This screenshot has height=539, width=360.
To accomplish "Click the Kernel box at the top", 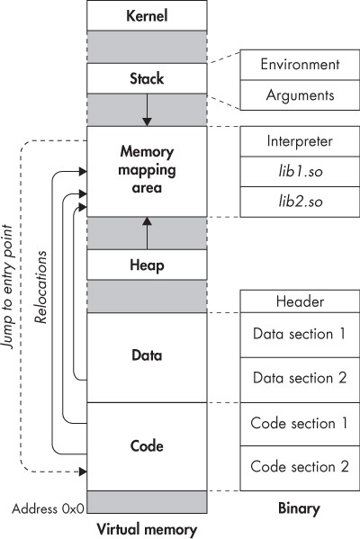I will coord(146,16).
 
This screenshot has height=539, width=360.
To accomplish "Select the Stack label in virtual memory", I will coord(146,78).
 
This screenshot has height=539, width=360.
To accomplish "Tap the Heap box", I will coord(146,265).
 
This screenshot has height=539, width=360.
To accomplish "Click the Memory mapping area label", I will coord(146,170).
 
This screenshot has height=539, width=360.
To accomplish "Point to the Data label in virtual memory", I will coord(146,355).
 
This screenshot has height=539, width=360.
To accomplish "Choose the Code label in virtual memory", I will coord(146,445).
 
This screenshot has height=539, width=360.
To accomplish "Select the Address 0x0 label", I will coord(47,508).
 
